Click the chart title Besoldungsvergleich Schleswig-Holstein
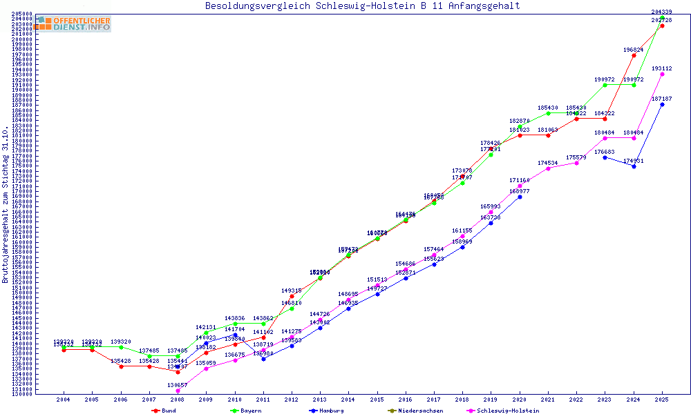pos(362,6)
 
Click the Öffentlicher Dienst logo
pos(73,24)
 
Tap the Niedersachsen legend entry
pos(413,411)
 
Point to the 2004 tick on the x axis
pos(64,400)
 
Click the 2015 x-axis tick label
pos(377,400)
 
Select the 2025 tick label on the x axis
pos(662,400)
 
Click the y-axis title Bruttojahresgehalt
pos(6,205)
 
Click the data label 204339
pos(662,12)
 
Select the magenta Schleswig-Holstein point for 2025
pos(662,74)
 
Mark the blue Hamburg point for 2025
pos(662,104)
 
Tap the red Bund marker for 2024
pos(634,55)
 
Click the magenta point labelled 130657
pos(178,391)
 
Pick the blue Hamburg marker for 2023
pos(605,157)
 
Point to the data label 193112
pos(662,68)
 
